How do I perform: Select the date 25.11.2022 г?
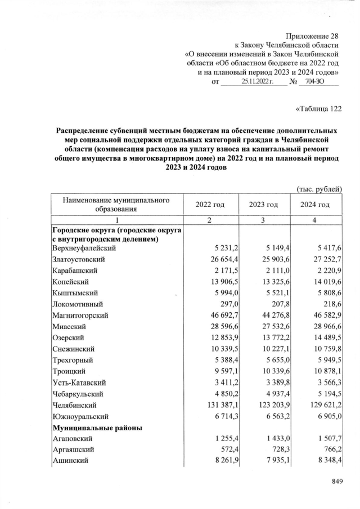tap(256, 82)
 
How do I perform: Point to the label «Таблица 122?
tap(318, 108)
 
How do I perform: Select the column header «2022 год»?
tap(210, 204)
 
